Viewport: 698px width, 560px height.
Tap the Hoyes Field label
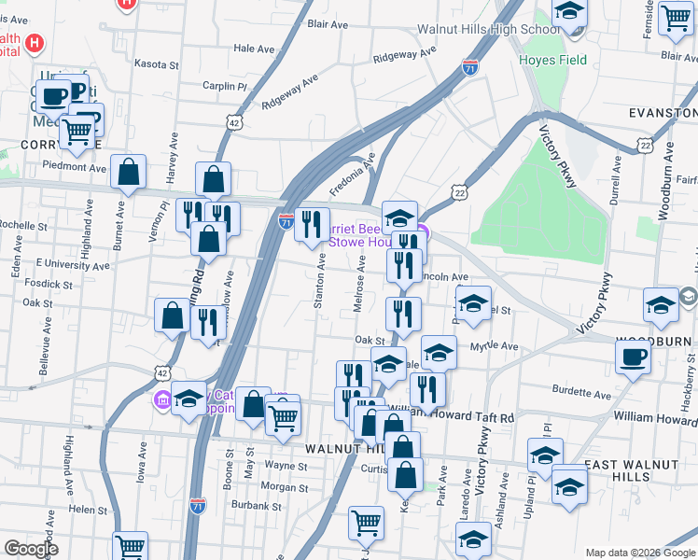(x=553, y=61)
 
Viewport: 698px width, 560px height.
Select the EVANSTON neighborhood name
(x=663, y=113)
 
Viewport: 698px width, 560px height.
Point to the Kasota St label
(x=156, y=65)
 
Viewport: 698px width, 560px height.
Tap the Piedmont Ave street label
(x=75, y=167)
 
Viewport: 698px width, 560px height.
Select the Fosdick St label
(x=49, y=284)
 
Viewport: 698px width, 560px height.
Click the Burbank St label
(x=257, y=506)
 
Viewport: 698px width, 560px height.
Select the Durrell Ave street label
(x=615, y=193)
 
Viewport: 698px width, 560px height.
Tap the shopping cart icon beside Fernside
(x=675, y=17)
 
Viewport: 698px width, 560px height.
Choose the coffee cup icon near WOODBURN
(x=634, y=357)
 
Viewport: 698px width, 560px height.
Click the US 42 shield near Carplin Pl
(x=234, y=122)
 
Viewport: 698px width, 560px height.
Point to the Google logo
(x=31, y=549)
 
